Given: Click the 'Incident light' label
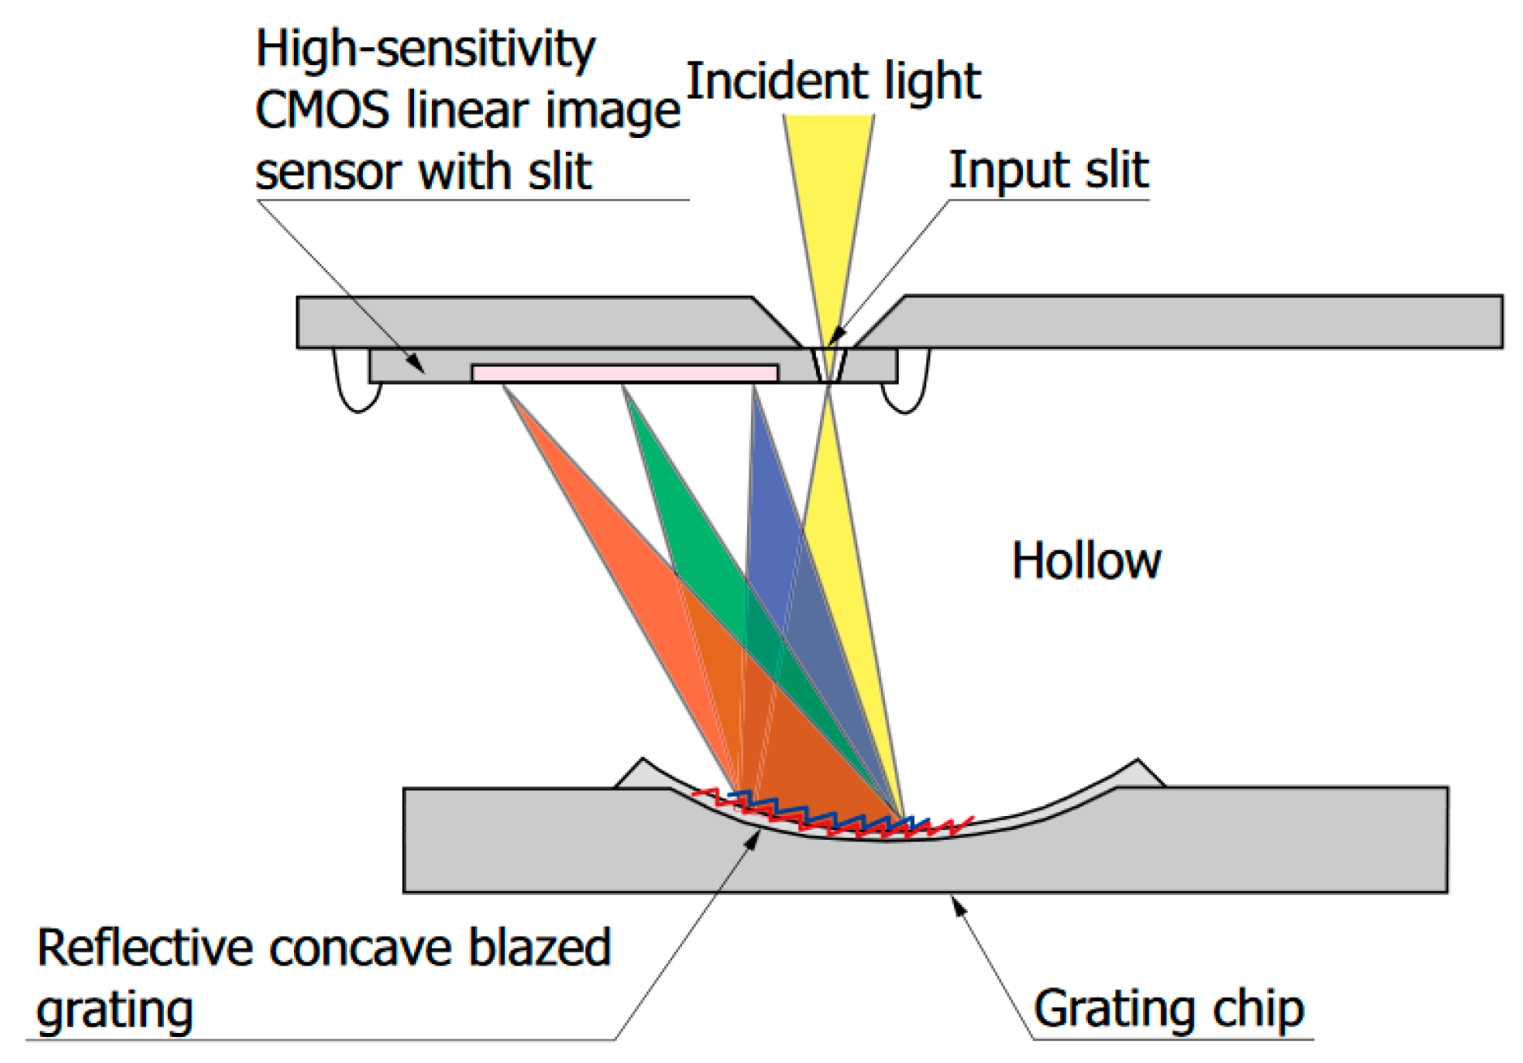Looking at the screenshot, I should click(833, 81).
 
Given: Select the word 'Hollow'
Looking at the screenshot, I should click(1085, 561).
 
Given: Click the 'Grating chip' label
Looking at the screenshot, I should click(1168, 1009).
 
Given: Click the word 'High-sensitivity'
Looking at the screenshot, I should click(425, 49).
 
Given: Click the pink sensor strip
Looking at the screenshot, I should click(624, 374).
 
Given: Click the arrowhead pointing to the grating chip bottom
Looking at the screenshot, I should click(959, 904).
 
